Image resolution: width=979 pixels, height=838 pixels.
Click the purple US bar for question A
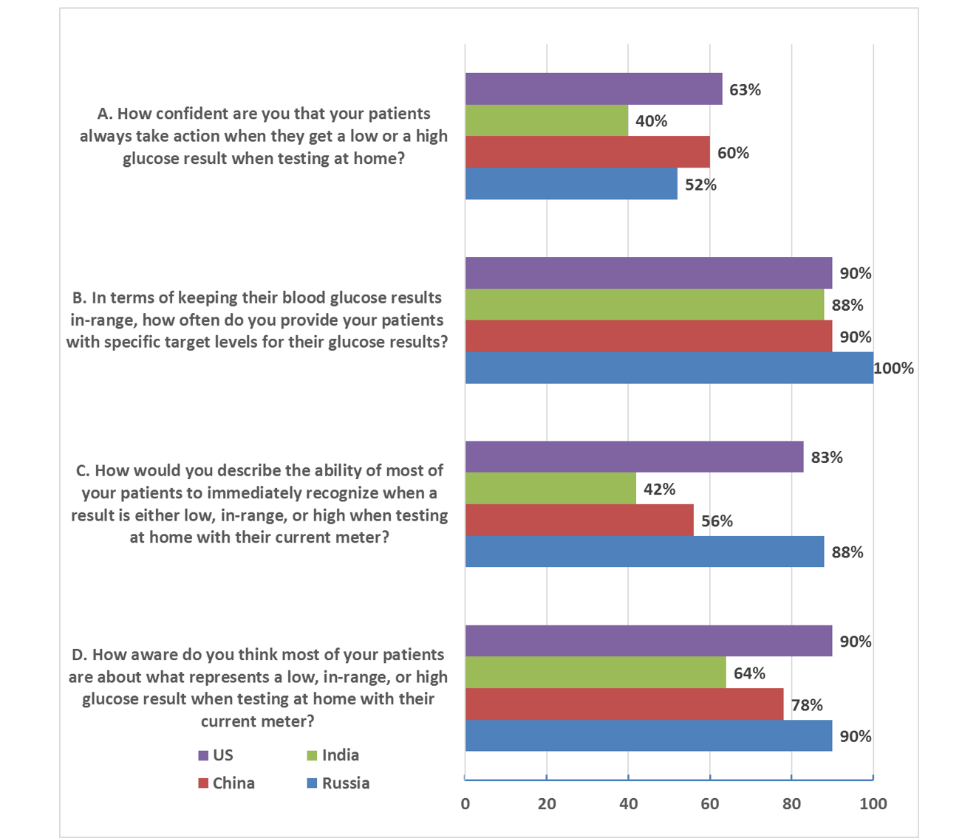[x=593, y=89]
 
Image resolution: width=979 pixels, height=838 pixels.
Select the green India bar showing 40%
[x=547, y=121]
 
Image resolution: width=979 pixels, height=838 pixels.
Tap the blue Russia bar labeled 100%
[x=669, y=368]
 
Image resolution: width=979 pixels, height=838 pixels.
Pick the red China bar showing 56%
[x=579, y=521]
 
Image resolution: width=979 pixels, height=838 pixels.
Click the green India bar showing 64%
[x=596, y=673]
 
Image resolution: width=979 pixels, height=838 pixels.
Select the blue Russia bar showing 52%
[x=571, y=184]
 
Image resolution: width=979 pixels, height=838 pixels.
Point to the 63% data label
[x=745, y=90]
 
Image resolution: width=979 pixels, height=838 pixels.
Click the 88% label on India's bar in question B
[x=847, y=305]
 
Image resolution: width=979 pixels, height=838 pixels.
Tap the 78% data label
[x=807, y=705]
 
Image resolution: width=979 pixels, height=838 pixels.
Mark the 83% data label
[x=827, y=457]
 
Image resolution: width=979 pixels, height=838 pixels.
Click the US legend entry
[x=216, y=755]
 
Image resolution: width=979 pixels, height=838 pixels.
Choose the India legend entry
[x=333, y=755]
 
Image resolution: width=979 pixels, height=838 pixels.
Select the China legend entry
[x=227, y=783]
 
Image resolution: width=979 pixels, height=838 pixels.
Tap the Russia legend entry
[x=338, y=783]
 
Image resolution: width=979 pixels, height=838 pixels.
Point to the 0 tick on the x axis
[x=465, y=804]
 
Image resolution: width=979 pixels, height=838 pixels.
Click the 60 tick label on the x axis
[x=710, y=804]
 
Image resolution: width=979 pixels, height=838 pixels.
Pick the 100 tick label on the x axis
[x=873, y=804]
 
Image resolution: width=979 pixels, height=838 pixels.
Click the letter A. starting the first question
[x=105, y=114]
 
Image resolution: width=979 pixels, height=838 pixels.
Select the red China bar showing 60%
[x=587, y=153]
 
